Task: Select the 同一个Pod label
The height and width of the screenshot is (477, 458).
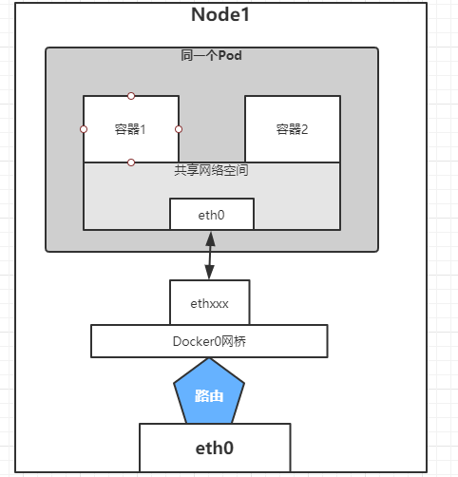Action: [x=211, y=56]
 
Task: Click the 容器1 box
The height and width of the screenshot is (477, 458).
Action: [x=131, y=129]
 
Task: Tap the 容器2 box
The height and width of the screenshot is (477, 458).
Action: [x=292, y=129]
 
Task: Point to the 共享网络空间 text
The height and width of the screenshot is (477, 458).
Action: [x=211, y=171]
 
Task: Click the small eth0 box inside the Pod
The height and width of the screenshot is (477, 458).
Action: [x=211, y=215]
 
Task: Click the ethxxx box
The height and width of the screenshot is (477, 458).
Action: [x=209, y=304]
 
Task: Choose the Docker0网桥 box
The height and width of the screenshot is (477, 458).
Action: [x=209, y=340]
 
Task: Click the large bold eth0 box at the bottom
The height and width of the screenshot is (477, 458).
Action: [x=214, y=447]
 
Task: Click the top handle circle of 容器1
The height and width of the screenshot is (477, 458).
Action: [x=131, y=96]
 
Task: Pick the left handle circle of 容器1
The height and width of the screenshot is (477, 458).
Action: [x=84, y=129]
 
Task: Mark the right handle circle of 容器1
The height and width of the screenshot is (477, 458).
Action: [x=179, y=129]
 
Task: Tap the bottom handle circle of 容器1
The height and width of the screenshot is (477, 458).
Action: [x=131, y=162]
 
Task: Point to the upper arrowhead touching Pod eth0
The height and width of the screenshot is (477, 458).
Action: [x=210, y=236]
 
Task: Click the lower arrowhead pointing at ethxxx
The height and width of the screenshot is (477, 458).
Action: [x=210, y=275]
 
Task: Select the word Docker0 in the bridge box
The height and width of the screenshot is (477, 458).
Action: [x=196, y=340]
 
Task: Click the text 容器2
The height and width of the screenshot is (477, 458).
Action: [x=292, y=129]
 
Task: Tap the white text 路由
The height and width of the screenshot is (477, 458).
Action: [x=209, y=394]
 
